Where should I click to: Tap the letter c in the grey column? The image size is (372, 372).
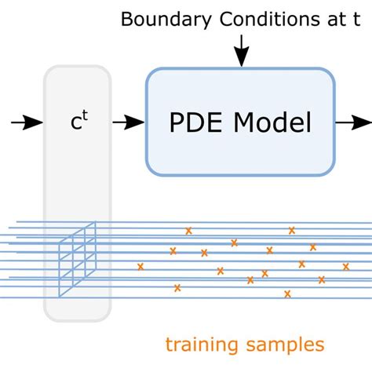(73, 123)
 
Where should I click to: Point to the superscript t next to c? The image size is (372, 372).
(82, 117)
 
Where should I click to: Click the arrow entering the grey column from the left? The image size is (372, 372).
(27, 122)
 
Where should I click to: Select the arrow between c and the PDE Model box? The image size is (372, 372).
(127, 122)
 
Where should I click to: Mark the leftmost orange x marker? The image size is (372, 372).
(140, 267)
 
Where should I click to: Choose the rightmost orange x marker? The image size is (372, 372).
(345, 266)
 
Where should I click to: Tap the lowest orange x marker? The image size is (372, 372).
(287, 294)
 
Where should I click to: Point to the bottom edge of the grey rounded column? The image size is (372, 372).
(77, 321)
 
